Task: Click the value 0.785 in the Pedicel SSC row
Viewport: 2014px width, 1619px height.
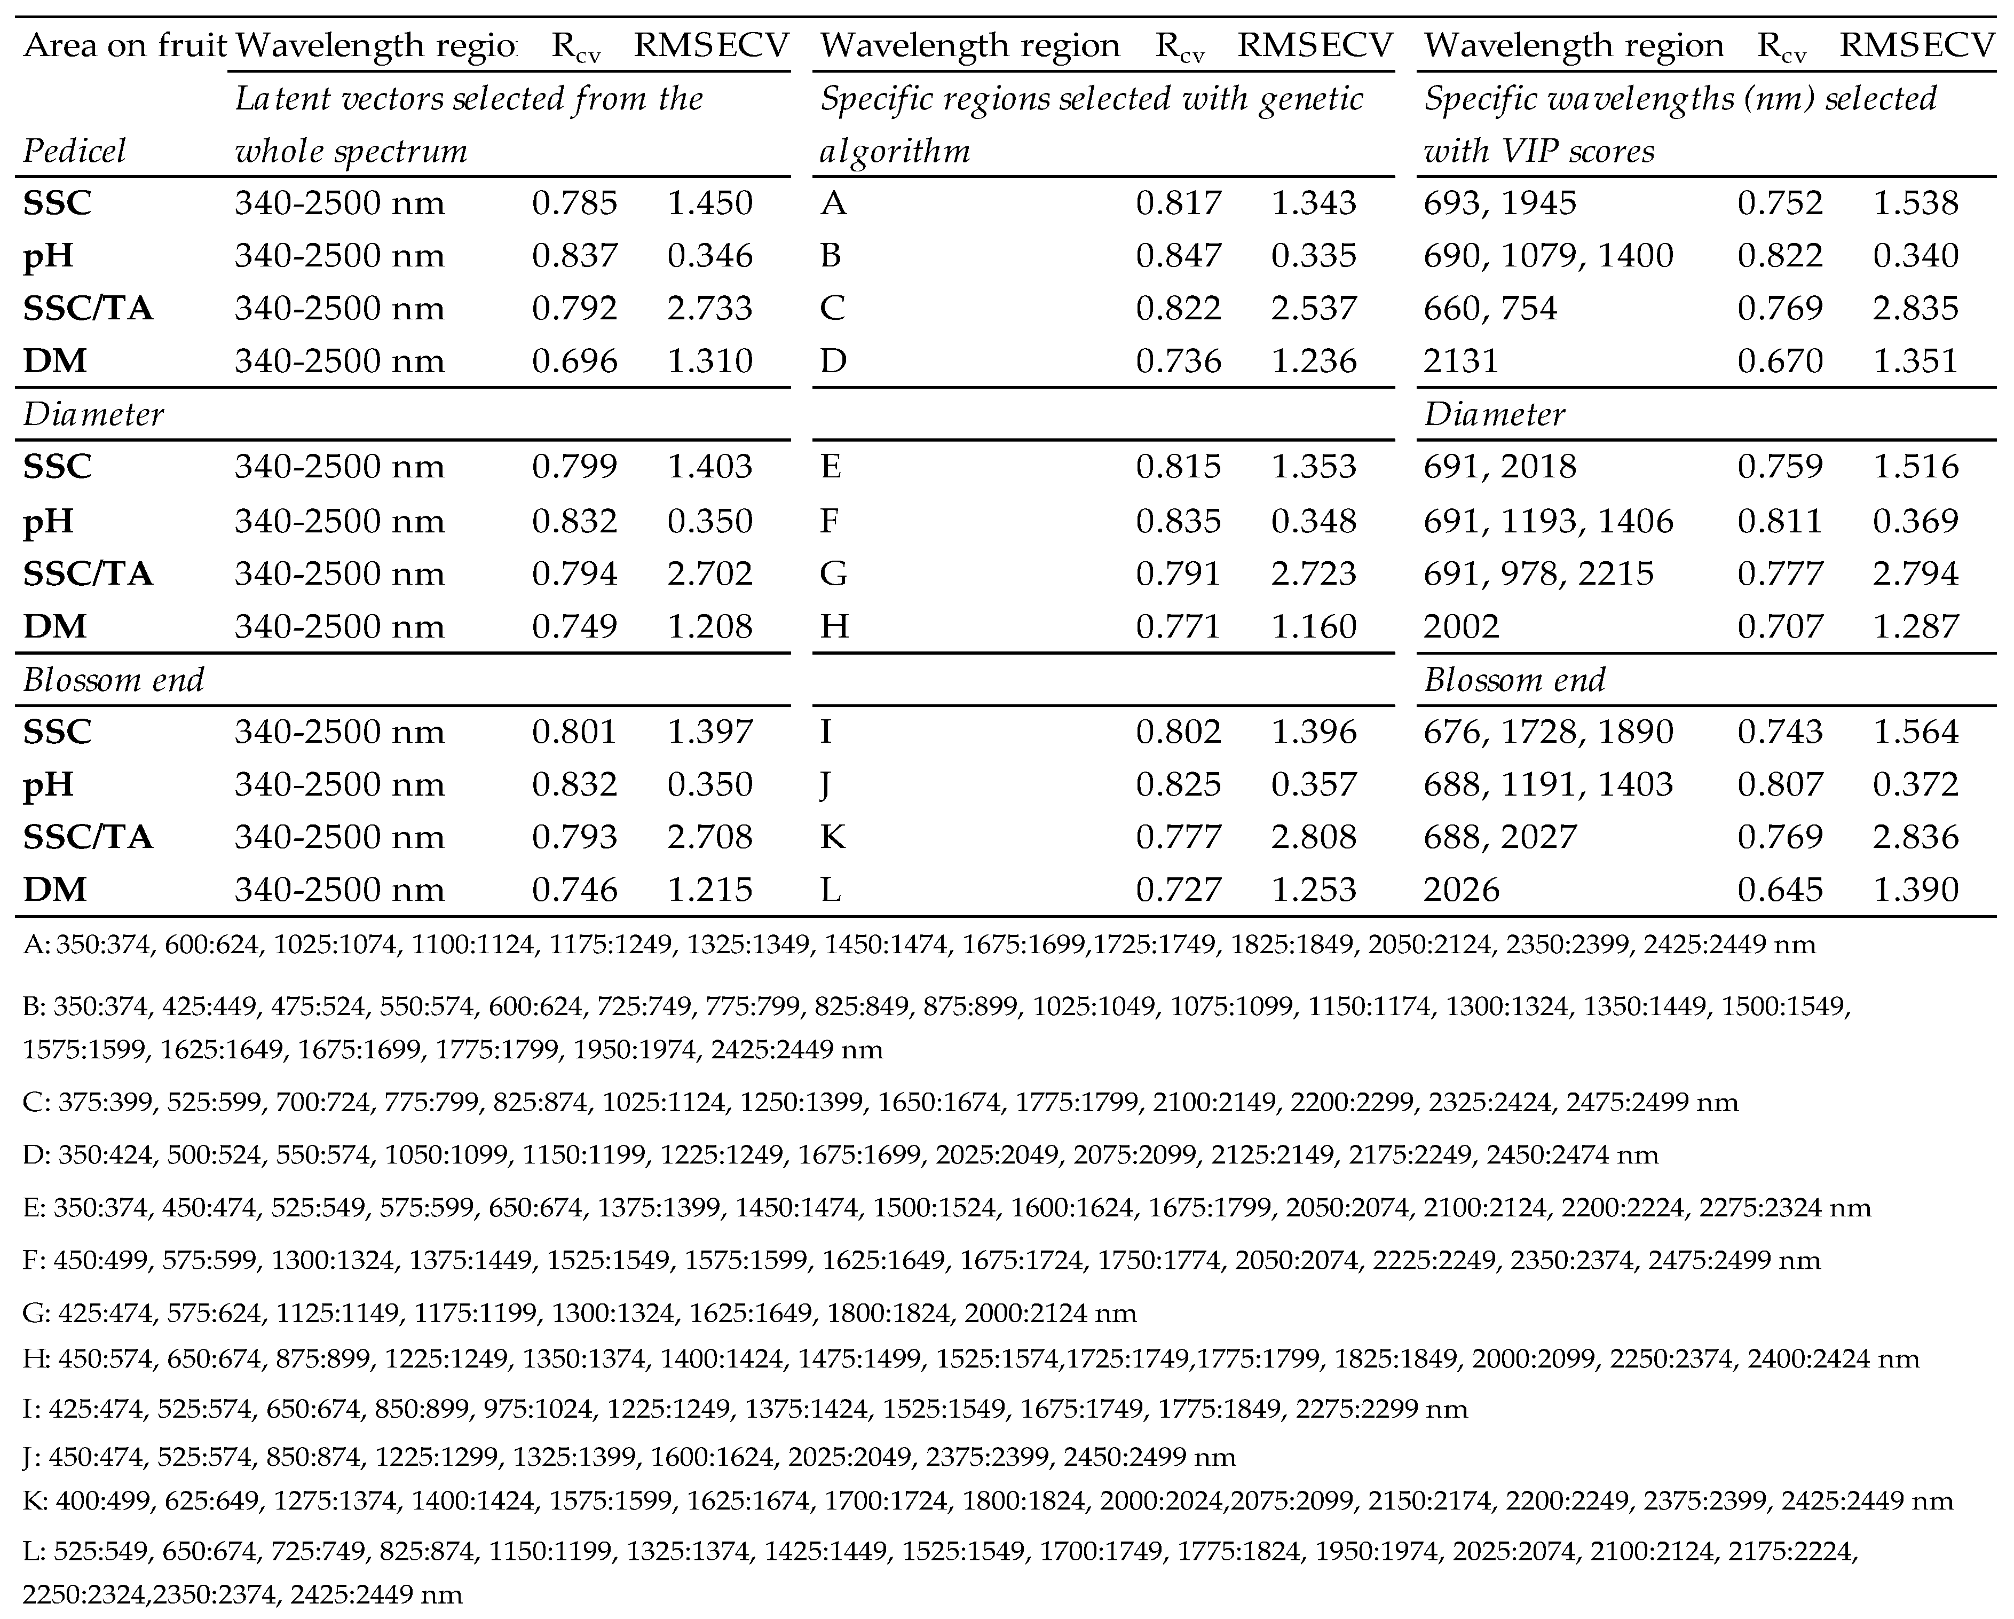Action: pos(574,203)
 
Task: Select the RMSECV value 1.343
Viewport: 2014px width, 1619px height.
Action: pos(1313,203)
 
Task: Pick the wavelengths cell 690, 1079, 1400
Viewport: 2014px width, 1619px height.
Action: pos(1548,255)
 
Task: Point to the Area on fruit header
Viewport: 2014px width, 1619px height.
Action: pos(124,45)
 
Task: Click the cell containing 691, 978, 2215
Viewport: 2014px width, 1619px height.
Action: pos(1538,572)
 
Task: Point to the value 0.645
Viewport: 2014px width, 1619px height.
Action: pos(1780,889)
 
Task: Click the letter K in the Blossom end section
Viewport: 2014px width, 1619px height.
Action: pos(832,836)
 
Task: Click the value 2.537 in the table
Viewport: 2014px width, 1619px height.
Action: pos(1313,308)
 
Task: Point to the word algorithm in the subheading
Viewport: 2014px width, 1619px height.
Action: pos(894,151)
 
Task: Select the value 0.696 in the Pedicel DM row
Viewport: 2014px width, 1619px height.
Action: pos(574,360)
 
